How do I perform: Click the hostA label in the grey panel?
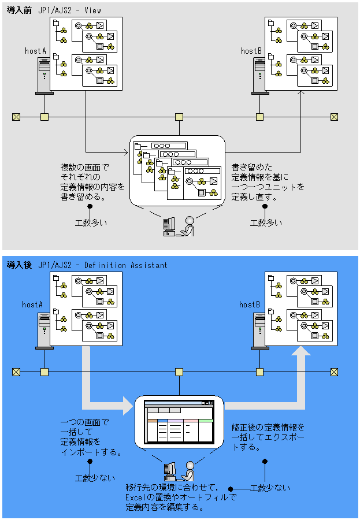pyautogui.click(x=35, y=51)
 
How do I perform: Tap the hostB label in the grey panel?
pyautogui.click(x=251, y=51)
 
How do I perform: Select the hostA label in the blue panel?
pyautogui.click(x=32, y=304)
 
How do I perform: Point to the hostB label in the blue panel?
pyautogui.click(x=250, y=304)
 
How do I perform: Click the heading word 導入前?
pyautogui.click(x=19, y=10)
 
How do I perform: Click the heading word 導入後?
pyautogui.click(x=19, y=265)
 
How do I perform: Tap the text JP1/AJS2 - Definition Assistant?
pyautogui.click(x=103, y=265)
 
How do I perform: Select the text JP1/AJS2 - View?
pyautogui.click(x=70, y=10)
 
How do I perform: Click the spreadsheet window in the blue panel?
pyautogui.click(x=179, y=422)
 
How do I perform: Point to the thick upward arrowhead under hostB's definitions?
pyautogui.click(x=301, y=351)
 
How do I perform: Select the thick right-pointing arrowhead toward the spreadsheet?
pyautogui.click(x=128, y=405)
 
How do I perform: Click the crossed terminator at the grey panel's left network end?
pyautogui.click(x=16, y=117)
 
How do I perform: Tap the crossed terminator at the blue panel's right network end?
pyautogui.click(x=334, y=372)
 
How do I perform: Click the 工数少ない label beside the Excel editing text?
pyautogui.click(x=270, y=488)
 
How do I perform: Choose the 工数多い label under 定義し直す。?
pyautogui.click(x=266, y=223)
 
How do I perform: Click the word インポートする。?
pyautogui.click(x=91, y=452)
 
